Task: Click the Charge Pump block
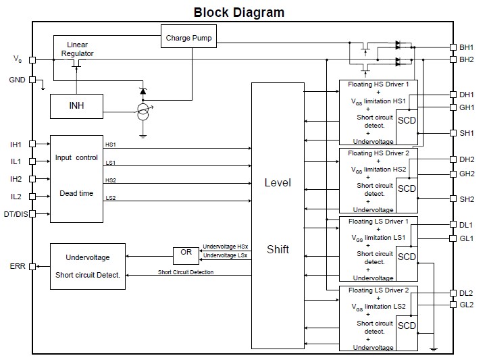point(188,38)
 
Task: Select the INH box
point(76,105)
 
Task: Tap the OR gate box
point(186,255)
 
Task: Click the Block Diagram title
point(238,12)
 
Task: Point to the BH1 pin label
point(467,48)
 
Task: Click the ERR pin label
point(18,266)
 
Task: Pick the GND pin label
point(17,80)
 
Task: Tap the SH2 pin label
point(467,199)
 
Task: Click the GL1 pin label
point(467,238)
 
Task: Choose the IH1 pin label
point(16,145)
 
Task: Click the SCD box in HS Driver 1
point(407,121)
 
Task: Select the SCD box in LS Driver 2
point(407,326)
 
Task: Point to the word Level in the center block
point(277,183)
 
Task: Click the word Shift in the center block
point(277,249)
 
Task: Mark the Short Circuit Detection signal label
point(186,272)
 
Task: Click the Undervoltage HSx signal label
point(225,247)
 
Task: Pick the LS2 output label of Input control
point(110,197)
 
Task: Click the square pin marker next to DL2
point(453,292)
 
